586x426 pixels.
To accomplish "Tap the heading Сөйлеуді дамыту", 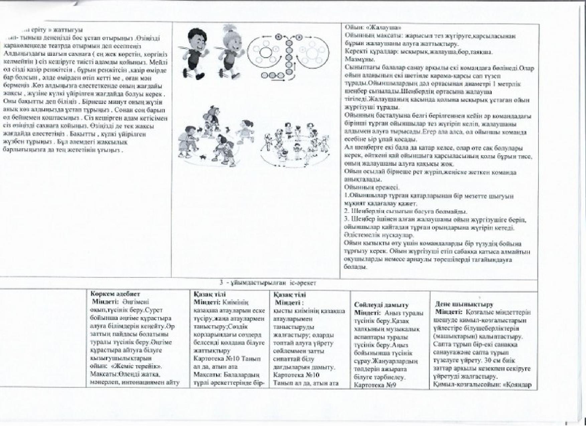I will point(377,305).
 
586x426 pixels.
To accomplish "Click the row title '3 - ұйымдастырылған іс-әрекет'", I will point(268,283).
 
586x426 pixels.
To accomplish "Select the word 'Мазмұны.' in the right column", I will point(355,60).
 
